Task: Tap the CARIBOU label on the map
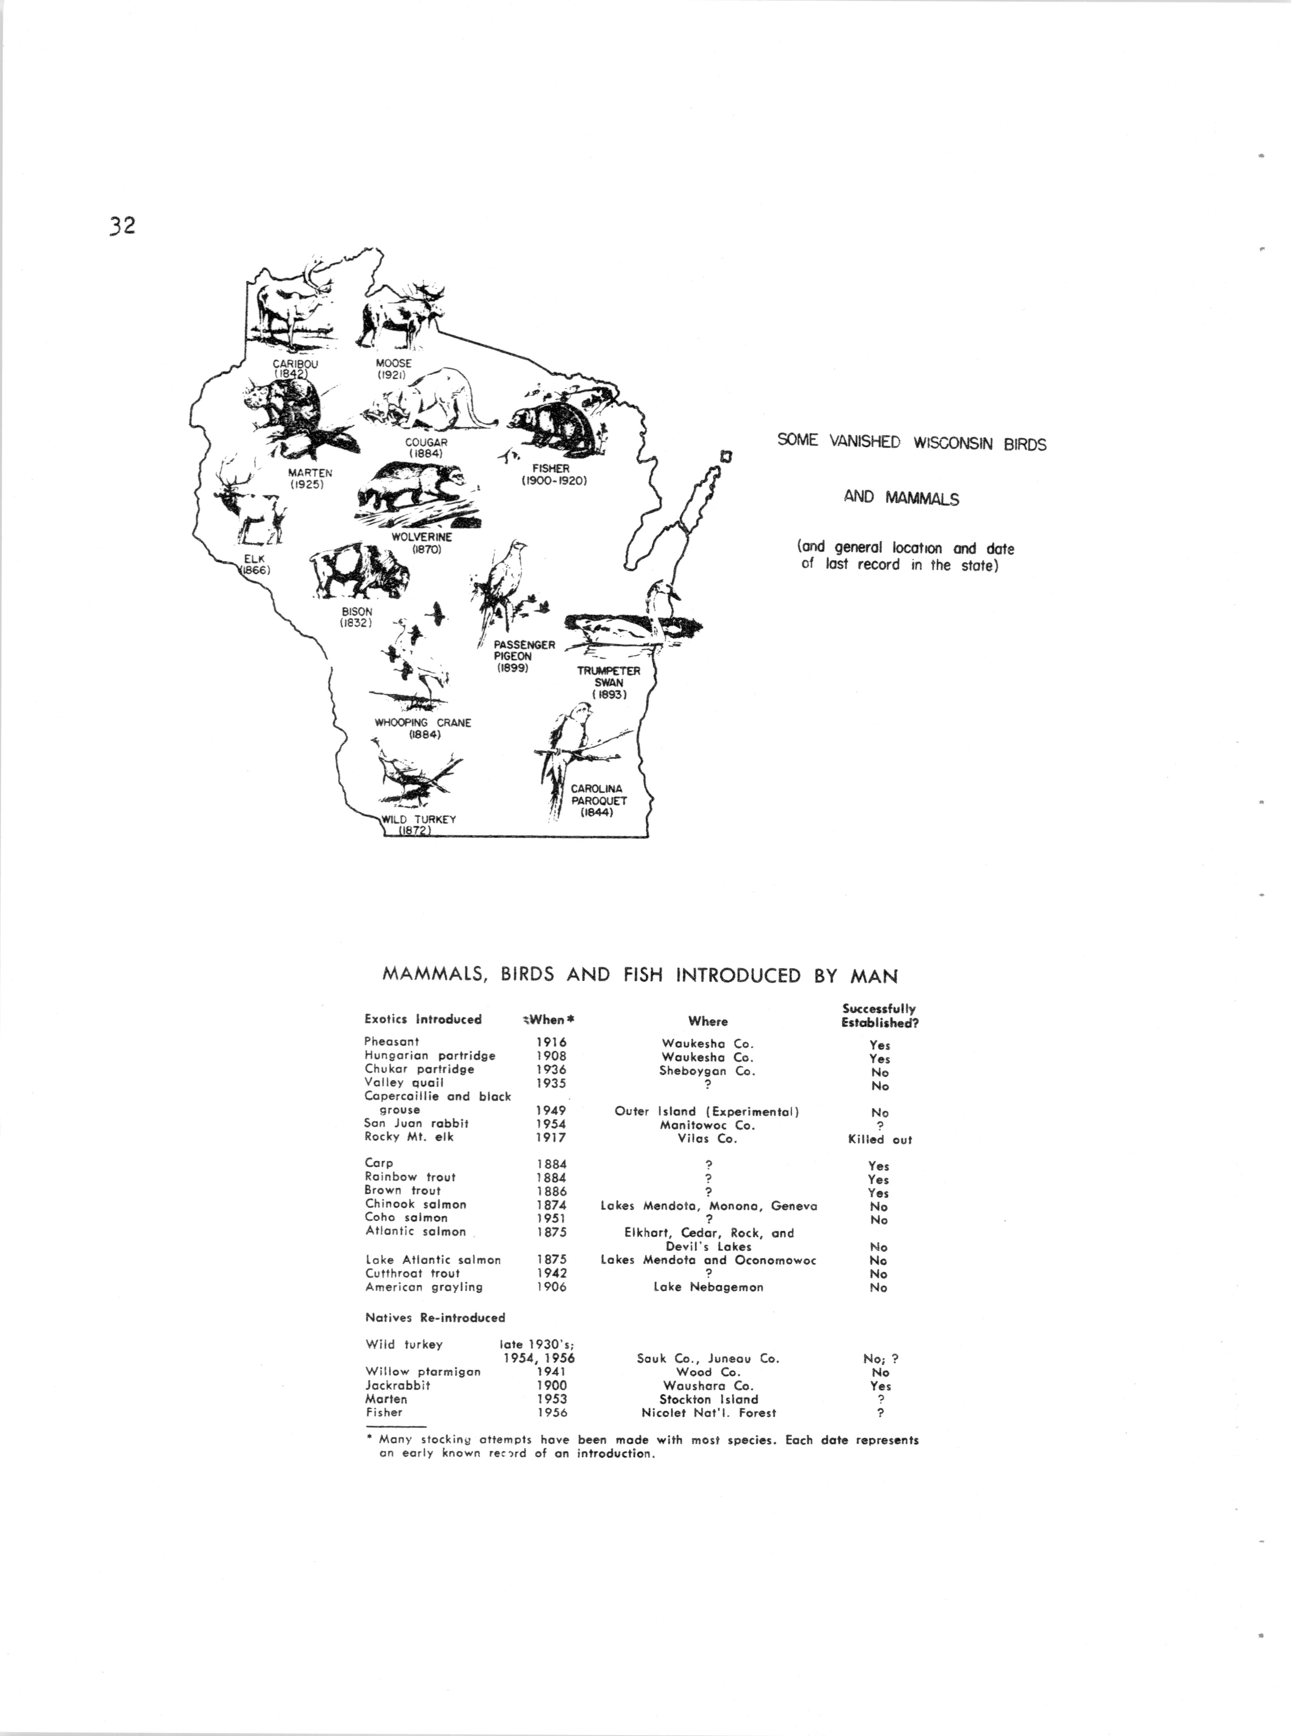(x=296, y=363)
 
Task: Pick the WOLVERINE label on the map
(x=422, y=538)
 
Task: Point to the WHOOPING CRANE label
(x=423, y=723)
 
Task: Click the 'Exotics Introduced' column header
(x=423, y=1020)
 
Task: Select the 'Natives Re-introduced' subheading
(x=435, y=1317)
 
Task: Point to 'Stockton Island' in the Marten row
(x=709, y=1399)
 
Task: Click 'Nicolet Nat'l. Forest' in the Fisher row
(x=709, y=1413)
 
